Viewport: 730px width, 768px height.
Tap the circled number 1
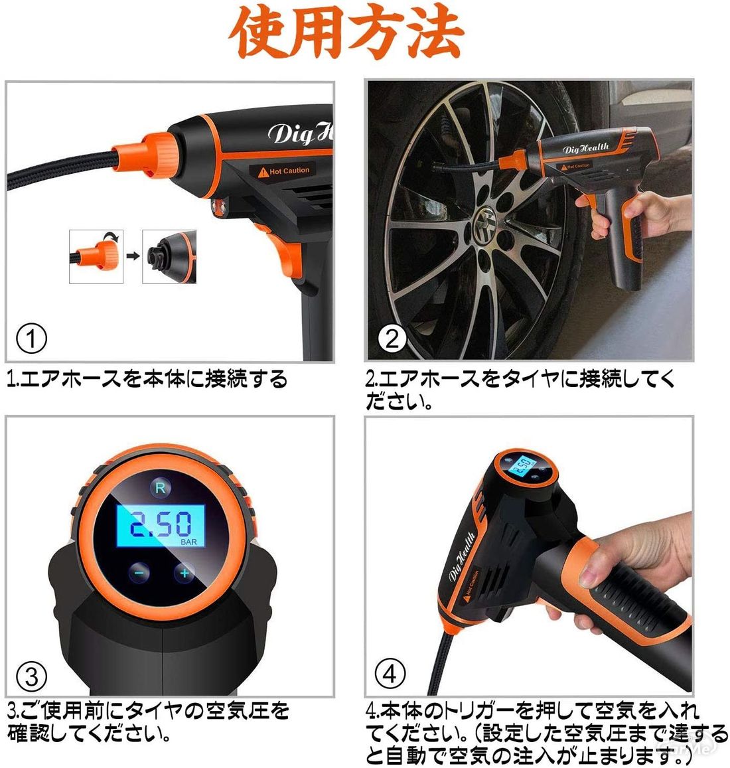31,339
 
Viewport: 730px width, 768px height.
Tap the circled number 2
392,339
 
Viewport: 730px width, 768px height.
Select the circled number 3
31,676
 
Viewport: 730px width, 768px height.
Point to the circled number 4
390,674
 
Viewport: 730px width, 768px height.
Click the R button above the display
160,488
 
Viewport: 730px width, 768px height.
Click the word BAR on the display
188,542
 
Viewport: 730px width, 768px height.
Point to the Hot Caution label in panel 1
284,171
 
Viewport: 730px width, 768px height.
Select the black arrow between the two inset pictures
133,256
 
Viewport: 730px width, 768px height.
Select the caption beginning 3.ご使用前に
149,722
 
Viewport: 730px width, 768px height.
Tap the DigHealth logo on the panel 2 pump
586,147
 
